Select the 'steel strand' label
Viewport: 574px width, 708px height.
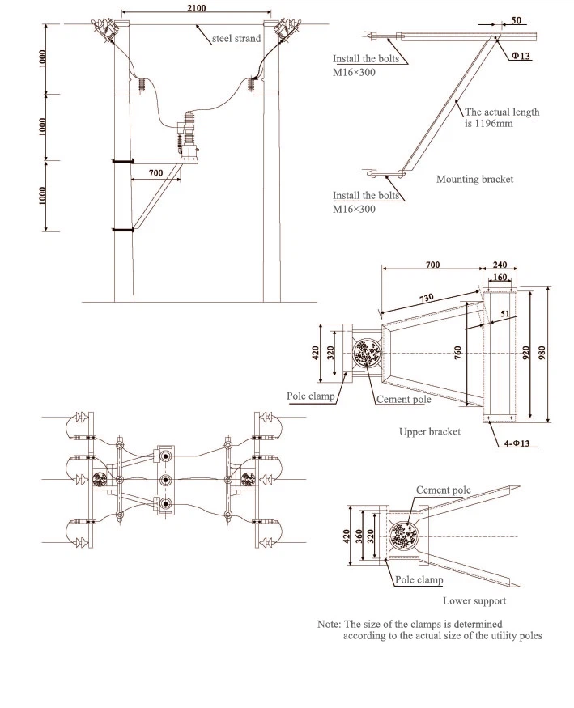point(236,38)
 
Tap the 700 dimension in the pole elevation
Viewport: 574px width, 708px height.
point(155,173)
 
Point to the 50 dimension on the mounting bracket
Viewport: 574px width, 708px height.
point(516,20)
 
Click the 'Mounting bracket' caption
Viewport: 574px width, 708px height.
point(474,179)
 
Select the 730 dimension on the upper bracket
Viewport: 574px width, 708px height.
point(426,299)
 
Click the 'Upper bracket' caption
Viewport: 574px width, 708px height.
point(430,431)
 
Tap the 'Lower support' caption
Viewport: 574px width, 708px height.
point(474,600)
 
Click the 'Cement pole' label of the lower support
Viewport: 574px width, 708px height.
point(443,490)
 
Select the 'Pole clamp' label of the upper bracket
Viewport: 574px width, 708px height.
point(312,397)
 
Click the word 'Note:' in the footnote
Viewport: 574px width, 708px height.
point(329,624)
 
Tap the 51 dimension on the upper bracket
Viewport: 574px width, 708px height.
point(504,316)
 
